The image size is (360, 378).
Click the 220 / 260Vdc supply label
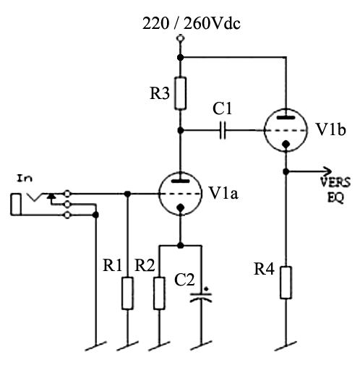pos(192,24)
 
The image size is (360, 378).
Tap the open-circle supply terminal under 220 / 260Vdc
pos(180,38)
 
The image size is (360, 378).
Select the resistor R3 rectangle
pos(181,93)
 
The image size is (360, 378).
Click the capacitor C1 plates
pos(223,130)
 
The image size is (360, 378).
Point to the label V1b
pos(330,129)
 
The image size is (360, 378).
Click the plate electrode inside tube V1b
pos(286,118)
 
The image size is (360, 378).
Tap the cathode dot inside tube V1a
pos(181,208)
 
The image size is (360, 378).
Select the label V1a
pos(223,193)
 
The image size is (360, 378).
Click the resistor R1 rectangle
pos(127,293)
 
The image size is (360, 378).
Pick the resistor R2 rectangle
pos(159,293)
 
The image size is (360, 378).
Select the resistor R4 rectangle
pos(286,283)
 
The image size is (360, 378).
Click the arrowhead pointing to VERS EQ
pos(328,171)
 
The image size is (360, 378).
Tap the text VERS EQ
pos(335,190)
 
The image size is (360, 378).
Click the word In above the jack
pos(25,179)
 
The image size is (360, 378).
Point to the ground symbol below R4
pos(286,346)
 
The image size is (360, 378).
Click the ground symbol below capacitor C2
pos(201,345)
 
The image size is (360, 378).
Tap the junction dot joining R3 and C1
pos(181,130)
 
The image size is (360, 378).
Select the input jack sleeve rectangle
pos(16,204)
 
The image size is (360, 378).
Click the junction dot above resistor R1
pos(127,194)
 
